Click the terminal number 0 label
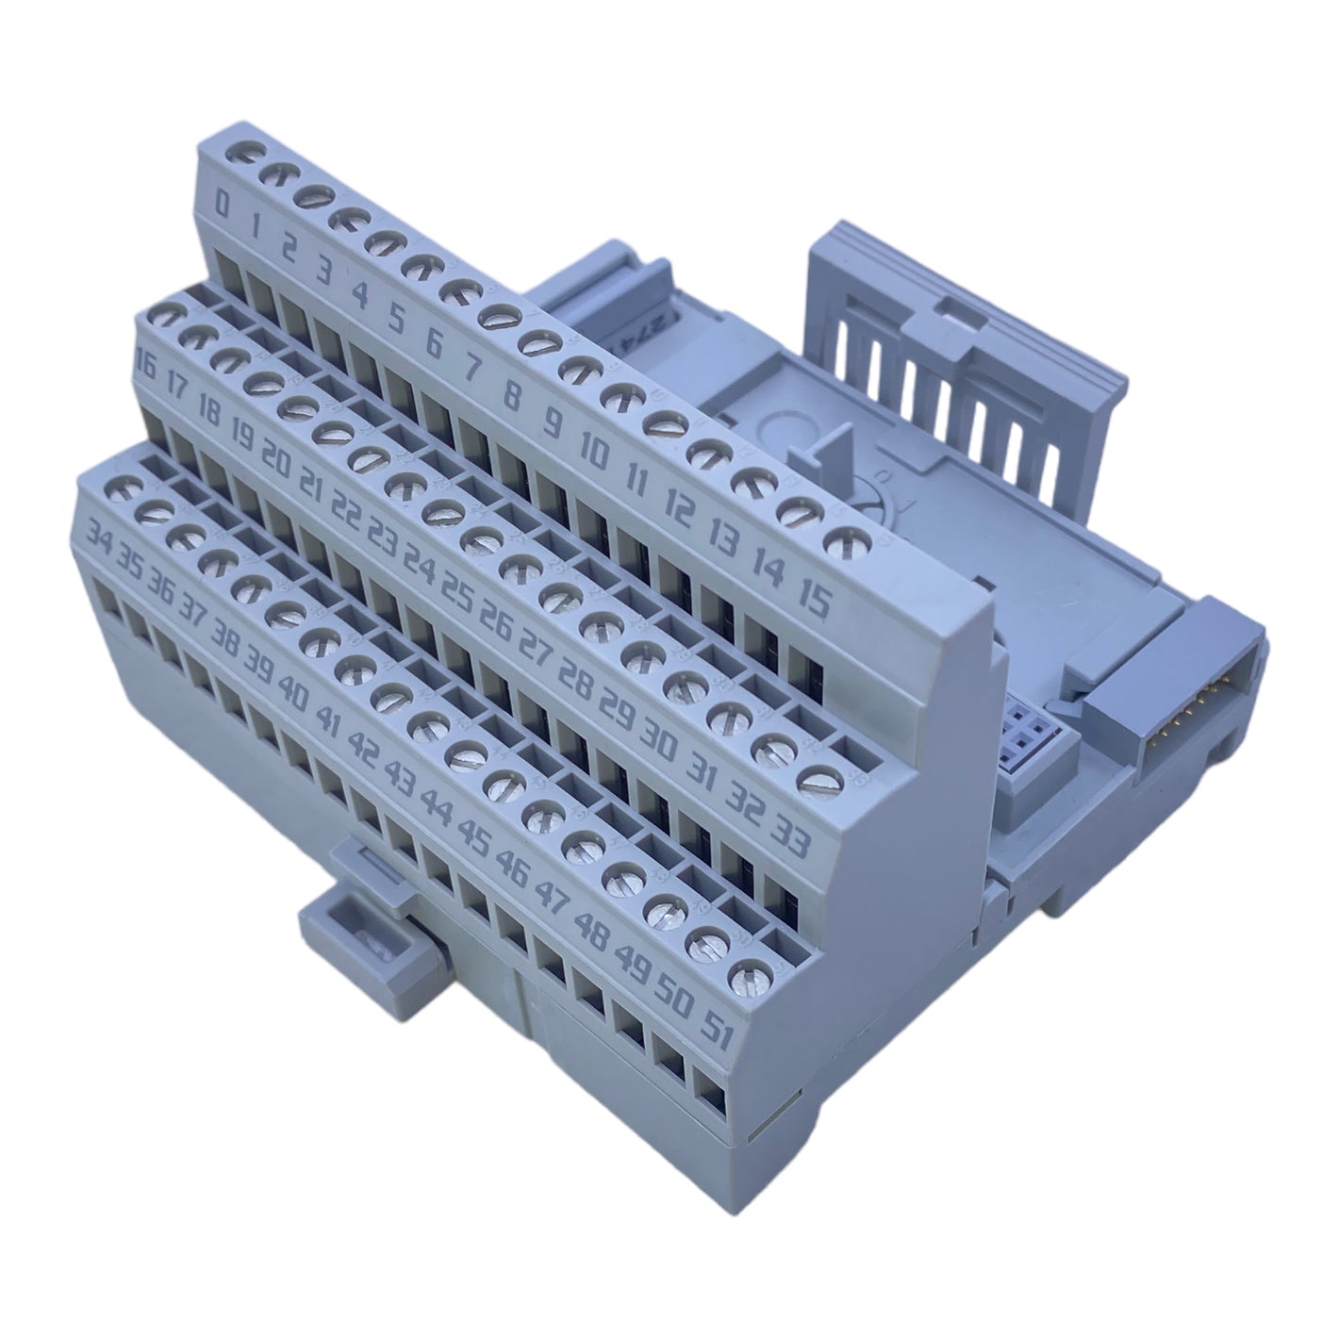(223, 203)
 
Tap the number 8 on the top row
(512, 397)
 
